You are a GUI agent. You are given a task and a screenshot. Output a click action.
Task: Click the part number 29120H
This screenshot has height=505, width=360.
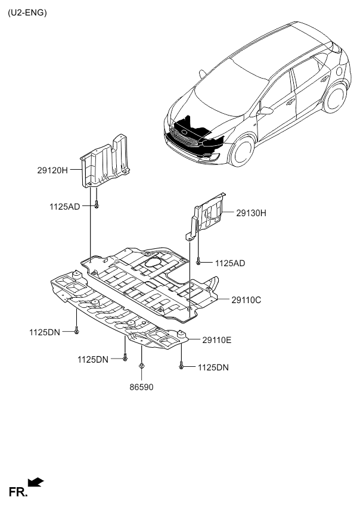54,170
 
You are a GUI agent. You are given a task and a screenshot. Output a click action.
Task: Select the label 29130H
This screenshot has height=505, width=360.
251,213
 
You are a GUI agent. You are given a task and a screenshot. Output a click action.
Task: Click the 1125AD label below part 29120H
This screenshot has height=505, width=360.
64,206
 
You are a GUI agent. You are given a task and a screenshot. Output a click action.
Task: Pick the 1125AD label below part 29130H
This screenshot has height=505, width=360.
230,263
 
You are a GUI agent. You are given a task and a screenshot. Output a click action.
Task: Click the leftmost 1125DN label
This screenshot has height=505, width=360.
44,331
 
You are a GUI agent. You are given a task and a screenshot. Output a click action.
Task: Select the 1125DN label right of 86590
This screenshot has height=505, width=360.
213,367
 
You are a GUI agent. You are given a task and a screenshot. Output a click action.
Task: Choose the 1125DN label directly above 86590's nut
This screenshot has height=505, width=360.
92,360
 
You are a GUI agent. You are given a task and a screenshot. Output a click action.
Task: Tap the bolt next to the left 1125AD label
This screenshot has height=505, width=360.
95,205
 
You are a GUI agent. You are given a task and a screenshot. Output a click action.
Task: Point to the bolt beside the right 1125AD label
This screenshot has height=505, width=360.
197,261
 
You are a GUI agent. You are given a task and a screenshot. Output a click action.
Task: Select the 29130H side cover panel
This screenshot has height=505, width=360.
209,214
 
